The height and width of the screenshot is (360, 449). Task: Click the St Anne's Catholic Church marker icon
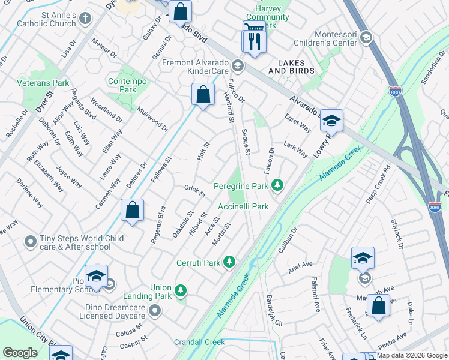pyautogui.click(x=85, y=17)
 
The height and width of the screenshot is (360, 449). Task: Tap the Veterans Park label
pyautogui.click(x=43, y=83)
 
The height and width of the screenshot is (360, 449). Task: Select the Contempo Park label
pyautogui.click(x=122, y=85)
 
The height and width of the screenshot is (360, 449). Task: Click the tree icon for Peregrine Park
pyautogui.click(x=277, y=185)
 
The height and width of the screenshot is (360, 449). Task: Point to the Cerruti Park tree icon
pyautogui.click(x=229, y=262)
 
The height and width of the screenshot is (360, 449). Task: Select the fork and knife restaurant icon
pyautogui.click(x=254, y=41)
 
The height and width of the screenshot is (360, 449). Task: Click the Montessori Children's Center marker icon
pyautogui.click(x=367, y=38)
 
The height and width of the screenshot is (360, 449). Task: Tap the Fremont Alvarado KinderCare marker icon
pyautogui.click(x=237, y=67)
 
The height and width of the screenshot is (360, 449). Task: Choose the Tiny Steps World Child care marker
pyautogui.click(x=30, y=242)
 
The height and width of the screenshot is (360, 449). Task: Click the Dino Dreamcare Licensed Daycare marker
pyautogui.click(x=155, y=310)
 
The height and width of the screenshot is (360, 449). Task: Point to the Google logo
pyautogui.click(x=20, y=353)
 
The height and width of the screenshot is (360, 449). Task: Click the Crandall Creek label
pyautogui.click(x=199, y=342)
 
